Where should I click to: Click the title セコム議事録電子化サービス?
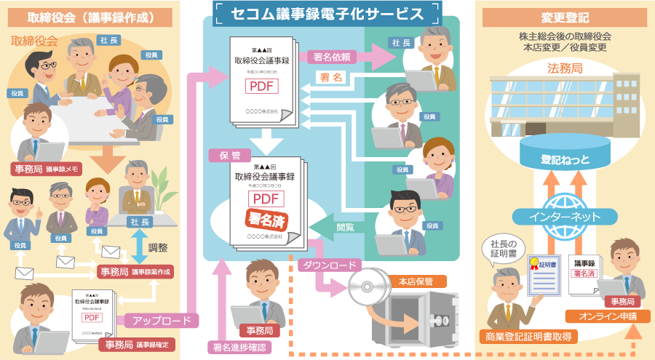pyautogui.click(x=327, y=14)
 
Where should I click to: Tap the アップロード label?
pyautogui.click(x=162, y=320)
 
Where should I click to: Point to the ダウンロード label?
pyautogui.click(x=330, y=264)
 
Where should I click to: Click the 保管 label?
pyautogui.click(x=220, y=155)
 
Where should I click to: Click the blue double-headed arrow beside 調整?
pyautogui.click(x=137, y=248)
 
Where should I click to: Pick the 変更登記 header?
pyautogui.click(x=565, y=16)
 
